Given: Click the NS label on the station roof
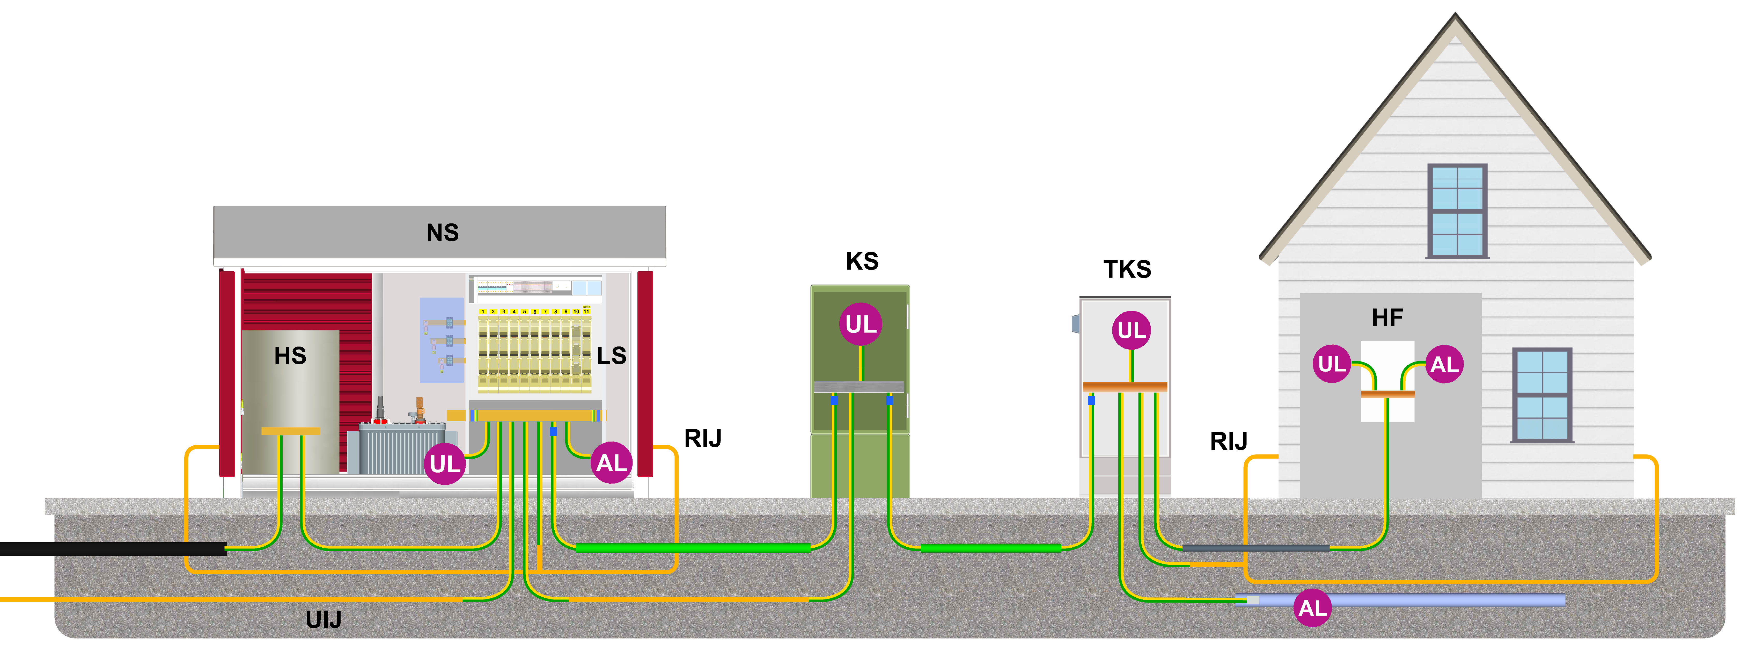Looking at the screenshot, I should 442,233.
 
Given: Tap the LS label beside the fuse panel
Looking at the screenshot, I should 611,356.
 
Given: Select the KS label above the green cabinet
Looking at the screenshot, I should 862,261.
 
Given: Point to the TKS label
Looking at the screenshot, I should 1127,270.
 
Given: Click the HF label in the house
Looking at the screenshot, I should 1387,318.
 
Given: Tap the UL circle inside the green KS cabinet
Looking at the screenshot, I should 861,324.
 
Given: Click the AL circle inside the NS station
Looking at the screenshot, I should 611,463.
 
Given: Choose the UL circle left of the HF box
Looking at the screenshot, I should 1331,364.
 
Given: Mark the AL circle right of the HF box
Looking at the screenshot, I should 1444,364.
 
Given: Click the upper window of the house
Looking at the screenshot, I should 1457,211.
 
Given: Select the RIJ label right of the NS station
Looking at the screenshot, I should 702,438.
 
